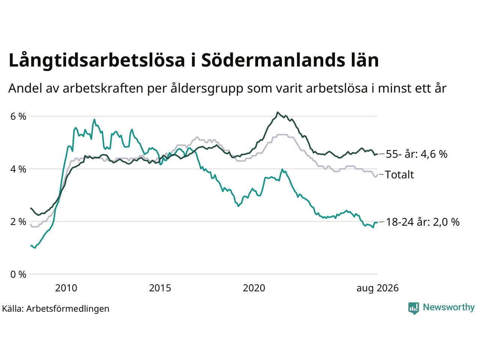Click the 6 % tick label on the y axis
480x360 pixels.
coord(18,117)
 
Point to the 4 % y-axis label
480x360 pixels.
coord(18,169)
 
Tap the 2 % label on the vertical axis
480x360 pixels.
coord(18,222)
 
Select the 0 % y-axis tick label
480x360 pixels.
coord(18,274)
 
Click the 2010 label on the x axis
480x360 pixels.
coord(66,288)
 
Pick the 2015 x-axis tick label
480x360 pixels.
coord(160,288)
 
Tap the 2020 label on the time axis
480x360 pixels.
coord(254,288)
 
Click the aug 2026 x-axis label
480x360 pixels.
coord(378,288)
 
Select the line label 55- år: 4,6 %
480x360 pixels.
coord(417,154)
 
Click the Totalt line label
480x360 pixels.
coord(399,175)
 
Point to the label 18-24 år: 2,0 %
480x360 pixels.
coord(423,222)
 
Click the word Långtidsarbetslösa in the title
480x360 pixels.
coord(97,60)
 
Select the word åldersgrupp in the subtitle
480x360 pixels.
coord(207,88)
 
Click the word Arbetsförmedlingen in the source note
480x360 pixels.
coord(68,309)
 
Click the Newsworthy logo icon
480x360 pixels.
coord(414,308)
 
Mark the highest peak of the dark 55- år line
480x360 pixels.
coord(277,112)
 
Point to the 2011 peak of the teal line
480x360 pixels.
coord(94,119)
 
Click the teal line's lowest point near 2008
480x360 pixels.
coord(35,248)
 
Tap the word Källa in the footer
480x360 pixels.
coord(13,309)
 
